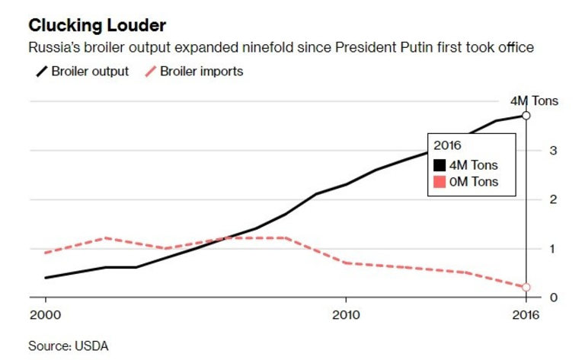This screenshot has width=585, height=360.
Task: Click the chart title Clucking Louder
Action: tap(97, 27)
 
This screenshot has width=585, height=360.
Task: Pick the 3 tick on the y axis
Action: tap(552, 151)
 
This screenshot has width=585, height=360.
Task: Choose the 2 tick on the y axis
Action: tap(552, 199)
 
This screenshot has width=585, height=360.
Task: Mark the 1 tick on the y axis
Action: tap(552, 249)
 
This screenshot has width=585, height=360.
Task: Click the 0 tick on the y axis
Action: tap(552, 298)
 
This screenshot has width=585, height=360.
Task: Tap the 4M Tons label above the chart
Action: tap(534, 100)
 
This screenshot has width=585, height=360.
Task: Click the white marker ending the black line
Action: tap(526, 115)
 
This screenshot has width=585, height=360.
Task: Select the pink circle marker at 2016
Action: tap(526, 288)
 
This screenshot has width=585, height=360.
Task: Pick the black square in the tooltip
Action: tap(440, 164)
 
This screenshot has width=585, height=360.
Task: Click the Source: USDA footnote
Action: tap(69, 346)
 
